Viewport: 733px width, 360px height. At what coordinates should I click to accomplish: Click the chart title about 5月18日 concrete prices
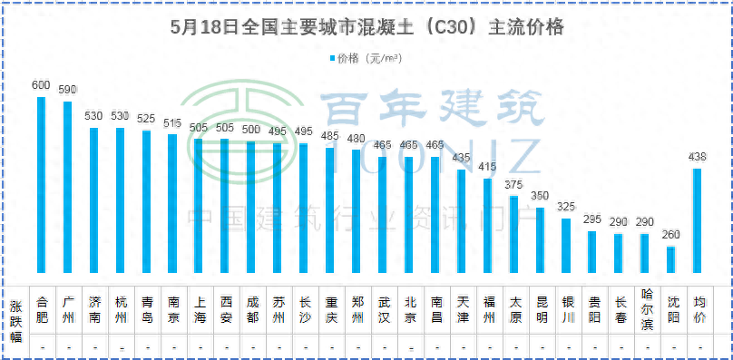pyautogui.click(x=366, y=27)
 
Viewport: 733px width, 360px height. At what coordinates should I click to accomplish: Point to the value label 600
pyautogui.click(x=41, y=85)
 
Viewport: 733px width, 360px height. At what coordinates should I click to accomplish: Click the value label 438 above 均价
pyautogui.click(x=698, y=157)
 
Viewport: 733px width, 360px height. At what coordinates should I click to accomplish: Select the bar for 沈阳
pyautogui.click(x=671, y=259)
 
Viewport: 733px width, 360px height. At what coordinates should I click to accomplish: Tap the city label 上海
pyautogui.click(x=199, y=310)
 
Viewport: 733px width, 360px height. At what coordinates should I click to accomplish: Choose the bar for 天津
pyautogui.click(x=461, y=221)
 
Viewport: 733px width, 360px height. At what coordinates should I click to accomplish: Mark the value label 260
pyautogui.click(x=671, y=235)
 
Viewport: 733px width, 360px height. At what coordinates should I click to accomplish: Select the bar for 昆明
pyautogui.click(x=540, y=240)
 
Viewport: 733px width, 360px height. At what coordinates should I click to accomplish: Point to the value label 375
pyautogui.click(x=513, y=184)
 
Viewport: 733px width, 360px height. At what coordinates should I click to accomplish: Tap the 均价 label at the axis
pyautogui.click(x=698, y=310)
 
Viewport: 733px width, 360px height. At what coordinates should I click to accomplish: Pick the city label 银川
pyautogui.click(x=566, y=310)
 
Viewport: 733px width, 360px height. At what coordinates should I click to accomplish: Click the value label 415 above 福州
pyautogui.click(x=487, y=167)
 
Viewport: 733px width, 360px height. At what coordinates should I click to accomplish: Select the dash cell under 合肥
pyautogui.click(x=41, y=348)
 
